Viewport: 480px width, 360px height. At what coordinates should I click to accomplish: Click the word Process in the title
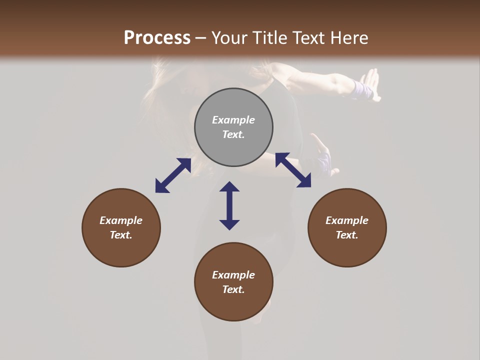click(157, 38)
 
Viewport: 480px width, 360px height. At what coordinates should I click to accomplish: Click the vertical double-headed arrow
click(229, 205)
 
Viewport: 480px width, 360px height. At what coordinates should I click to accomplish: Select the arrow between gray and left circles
click(173, 175)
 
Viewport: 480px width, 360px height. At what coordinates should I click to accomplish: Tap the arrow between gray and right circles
click(293, 170)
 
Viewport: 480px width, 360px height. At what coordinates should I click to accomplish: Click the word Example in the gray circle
click(233, 120)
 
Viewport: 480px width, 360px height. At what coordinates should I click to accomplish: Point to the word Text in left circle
click(121, 235)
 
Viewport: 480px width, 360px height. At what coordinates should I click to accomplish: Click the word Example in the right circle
click(347, 220)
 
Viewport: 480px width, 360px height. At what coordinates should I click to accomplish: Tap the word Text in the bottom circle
click(233, 289)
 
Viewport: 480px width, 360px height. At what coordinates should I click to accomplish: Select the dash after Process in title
click(201, 38)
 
